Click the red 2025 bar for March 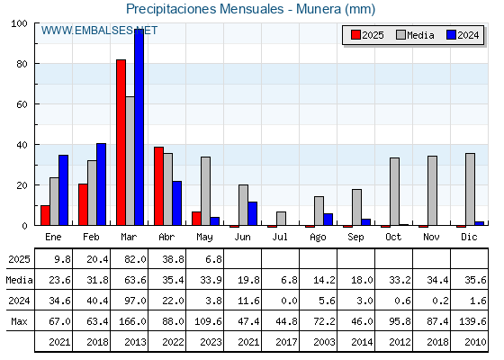[121, 142]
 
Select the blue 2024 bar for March [139, 127]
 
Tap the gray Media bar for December [470, 189]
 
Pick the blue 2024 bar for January [63, 190]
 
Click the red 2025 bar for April [158, 186]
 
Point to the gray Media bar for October [394, 192]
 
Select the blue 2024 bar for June [252, 214]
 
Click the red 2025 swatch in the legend [355, 35]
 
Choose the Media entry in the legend [415, 35]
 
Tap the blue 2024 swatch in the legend [451, 35]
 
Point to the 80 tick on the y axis [22, 64]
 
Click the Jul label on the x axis [280, 237]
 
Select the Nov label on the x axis [431, 237]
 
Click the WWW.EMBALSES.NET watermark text [99, 31]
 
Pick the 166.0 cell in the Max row [132, 321]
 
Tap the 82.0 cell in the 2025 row [135, 259]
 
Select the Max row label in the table [19, 321]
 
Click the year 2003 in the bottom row [324, 342]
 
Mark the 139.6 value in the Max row [472, 321]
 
